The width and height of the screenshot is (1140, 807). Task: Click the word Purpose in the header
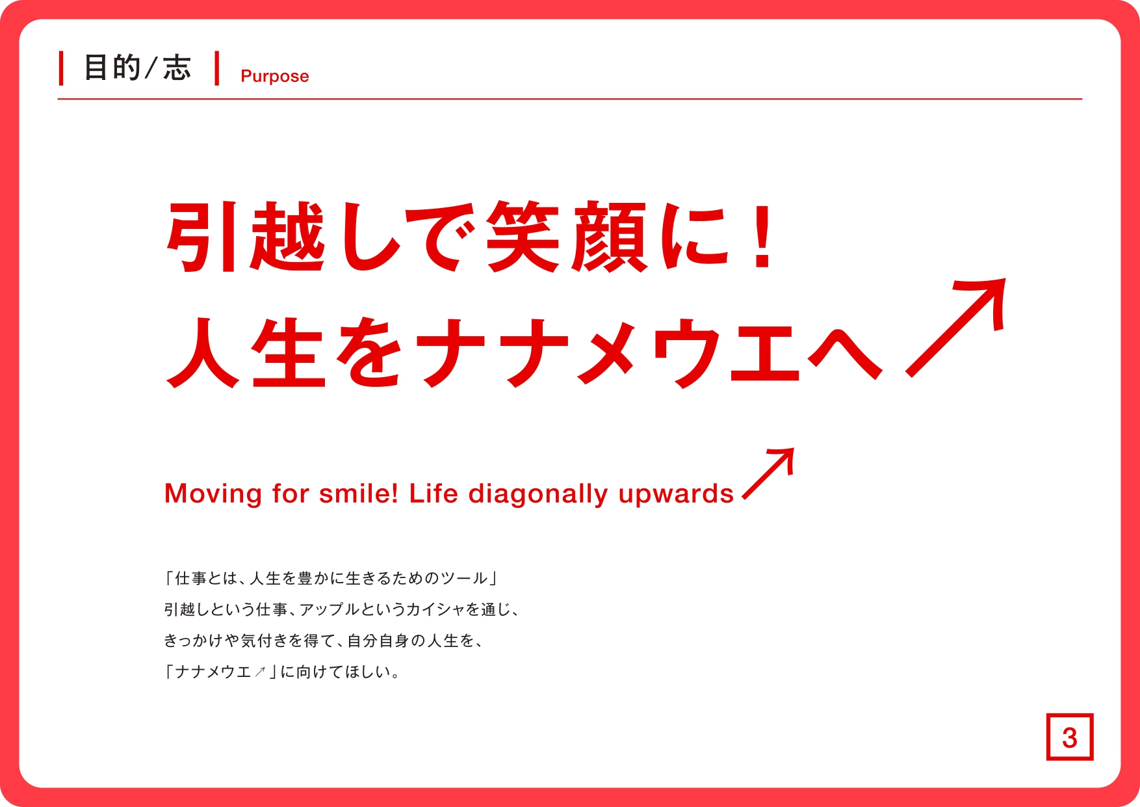tap(274, 77)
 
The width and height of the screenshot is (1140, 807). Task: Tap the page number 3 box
tap(1070, 737)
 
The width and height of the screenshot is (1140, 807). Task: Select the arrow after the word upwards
tap(768, 473)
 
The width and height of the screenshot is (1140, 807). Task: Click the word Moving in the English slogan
tap(213, 494)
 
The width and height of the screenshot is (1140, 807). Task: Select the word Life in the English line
tap(434, 494)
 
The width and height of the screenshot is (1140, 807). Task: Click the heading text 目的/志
tap(138, 68)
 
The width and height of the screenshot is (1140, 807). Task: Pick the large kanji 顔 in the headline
tap(608, 237)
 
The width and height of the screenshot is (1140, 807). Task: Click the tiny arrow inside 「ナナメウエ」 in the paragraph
tap(260, 672)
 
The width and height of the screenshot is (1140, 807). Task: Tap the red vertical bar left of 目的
tap(61, 68)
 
